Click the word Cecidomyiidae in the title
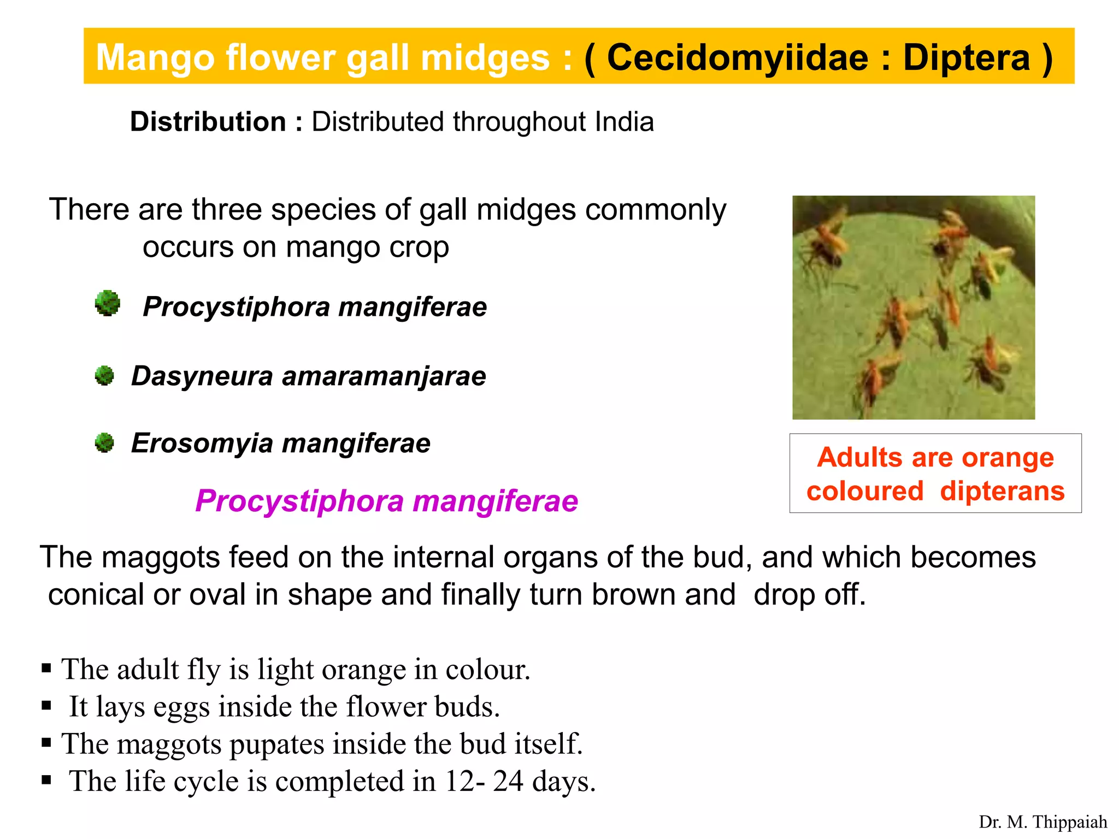pyautogui.click(x=737, y=58)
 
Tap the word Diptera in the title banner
pyautogui.click(x=966, y=58)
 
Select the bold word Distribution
pyautogui.click(x=208, y=122)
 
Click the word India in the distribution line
pyautogui.click(x=624, y=122)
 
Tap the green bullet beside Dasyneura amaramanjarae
pyautogui.click(x=104, y=376)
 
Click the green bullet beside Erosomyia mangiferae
pyautogui.click(x=104, y=443)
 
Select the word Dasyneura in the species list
pyautogui.click(x=202, y=376)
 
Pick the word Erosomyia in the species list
pyautogui.click(x=202, y=444)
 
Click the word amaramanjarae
pyautogui.click(x=384, y=376)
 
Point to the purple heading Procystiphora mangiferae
pyautogui.click(x=386, y=501)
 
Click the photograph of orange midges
pyautogui.click(x=914, y=308)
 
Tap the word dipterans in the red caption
pyautogui.click(x=1002, y=491)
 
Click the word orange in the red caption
pyautogui.click(x=1008, y=457)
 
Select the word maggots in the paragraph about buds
pyautogui.click(x=160, y=558)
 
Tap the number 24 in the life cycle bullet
pyautogui.click(x=508, y=781)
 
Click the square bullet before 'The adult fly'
pyautogui.click(x=46, y=668)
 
